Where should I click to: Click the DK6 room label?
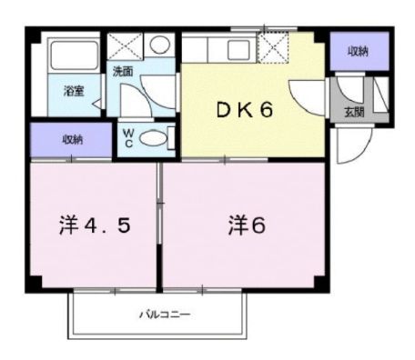(x=244, y=111)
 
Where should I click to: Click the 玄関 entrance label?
(x=353, y=112)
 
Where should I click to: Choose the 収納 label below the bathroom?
(x=73, y=140)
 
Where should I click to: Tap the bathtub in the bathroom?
(x=73, y=56)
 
